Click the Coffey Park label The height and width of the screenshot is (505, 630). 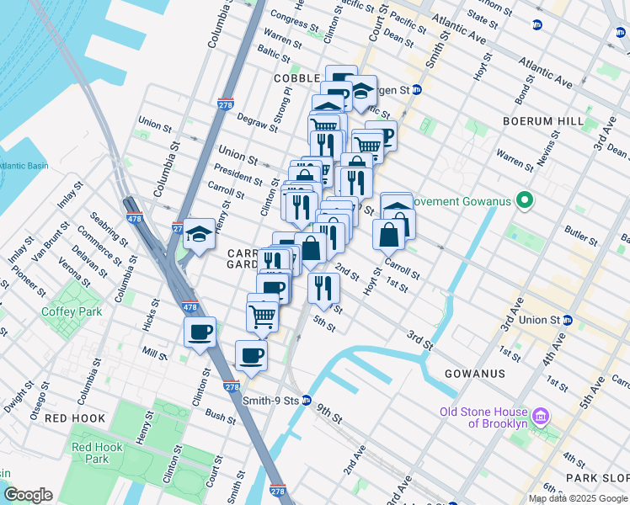click(72, 311)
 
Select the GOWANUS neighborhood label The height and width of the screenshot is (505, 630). click(477, 373)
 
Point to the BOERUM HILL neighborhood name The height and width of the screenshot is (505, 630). click(542, 121)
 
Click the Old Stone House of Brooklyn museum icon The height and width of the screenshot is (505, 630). click(542, 417)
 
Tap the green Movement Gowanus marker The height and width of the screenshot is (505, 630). click(526, 201)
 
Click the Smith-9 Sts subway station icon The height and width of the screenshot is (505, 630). click(307, 401)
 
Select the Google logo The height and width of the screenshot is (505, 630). click(29, 495)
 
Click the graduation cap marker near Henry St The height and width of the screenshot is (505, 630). click(200, 232)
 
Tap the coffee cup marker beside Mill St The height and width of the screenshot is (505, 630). click(200, 332)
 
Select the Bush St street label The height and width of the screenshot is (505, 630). click(220, 416)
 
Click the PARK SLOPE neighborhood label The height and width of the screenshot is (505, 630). click(597, 477)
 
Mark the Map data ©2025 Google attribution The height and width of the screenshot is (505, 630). click(577, 498)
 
